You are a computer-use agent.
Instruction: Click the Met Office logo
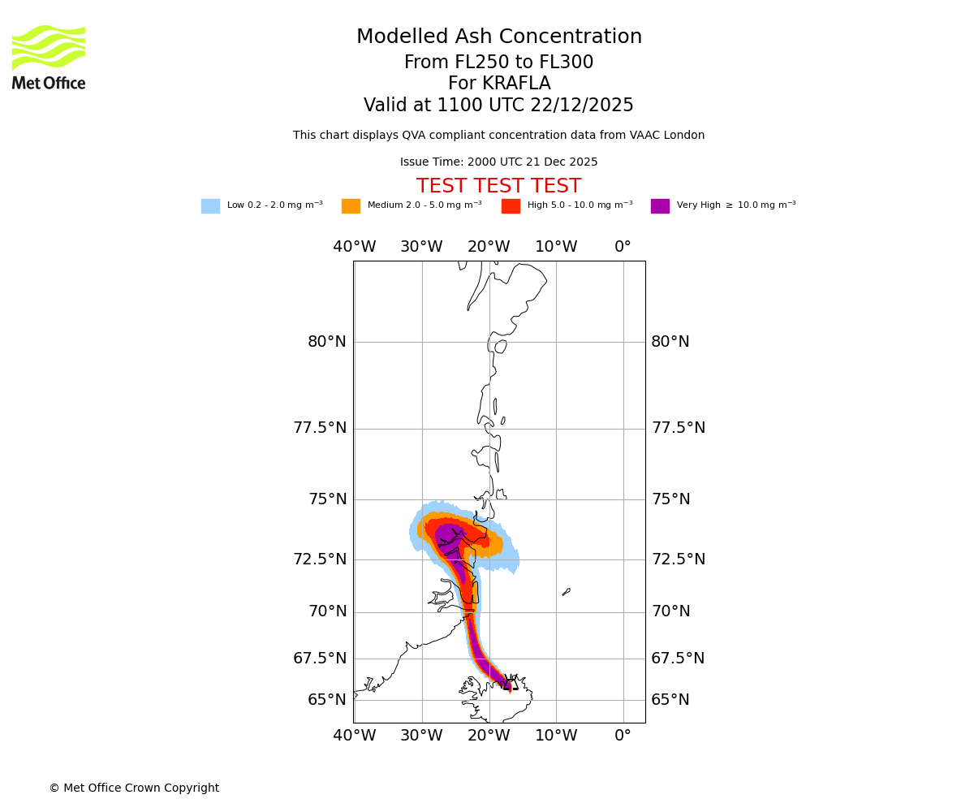click(49, 57)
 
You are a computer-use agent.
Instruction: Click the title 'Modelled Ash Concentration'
click(498, 37)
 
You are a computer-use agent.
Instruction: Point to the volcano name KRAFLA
click(498, 84)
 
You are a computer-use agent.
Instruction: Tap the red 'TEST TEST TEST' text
click(498, 186)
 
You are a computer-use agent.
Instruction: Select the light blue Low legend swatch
click(210, 206)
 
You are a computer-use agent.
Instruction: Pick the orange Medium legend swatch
click(351, 206)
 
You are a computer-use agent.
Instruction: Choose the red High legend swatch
click(511, 206)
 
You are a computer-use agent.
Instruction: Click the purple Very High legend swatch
click(660, 206)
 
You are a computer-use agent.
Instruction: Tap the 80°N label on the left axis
click(326, 342)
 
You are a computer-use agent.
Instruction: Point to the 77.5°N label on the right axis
click(678, 428)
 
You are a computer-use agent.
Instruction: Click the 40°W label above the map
click(354, 247)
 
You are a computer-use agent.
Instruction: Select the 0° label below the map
click(623, 736)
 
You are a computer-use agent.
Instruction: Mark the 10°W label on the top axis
click(556, 247)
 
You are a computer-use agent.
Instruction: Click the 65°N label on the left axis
click(326, 700)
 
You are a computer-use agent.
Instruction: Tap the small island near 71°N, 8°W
click(566, 592)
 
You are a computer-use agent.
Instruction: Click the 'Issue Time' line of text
click(498, 162)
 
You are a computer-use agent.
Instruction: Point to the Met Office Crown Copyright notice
click(134, 788)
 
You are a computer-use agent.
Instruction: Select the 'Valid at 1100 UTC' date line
click(498, 106)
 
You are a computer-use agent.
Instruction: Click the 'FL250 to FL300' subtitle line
click(498, 63)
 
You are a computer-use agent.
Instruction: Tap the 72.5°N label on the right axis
click(678, 559)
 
